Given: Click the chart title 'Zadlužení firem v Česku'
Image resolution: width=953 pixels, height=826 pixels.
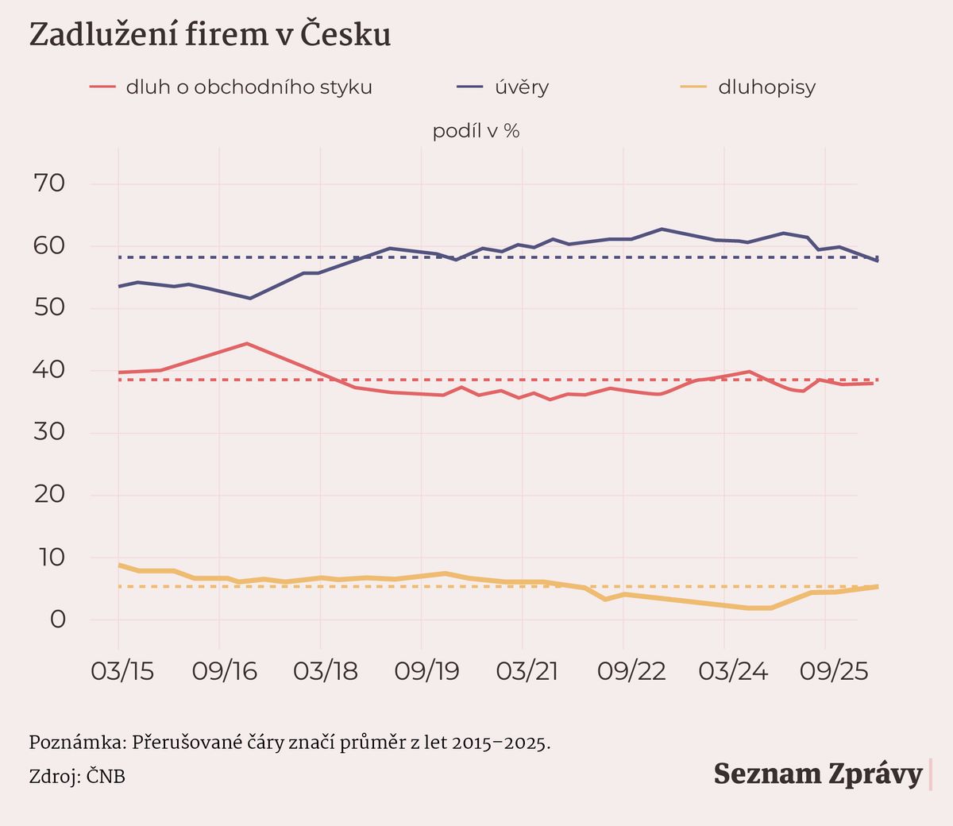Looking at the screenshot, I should pyautogui.click(x=210, y=35).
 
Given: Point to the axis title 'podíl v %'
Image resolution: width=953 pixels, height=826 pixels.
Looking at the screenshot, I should pyautogui.click(x=476, y=131).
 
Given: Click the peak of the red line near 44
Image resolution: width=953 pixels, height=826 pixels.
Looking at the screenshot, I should pyautogui.click(x=247, y=344).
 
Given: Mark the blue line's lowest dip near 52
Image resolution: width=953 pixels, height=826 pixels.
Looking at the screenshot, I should pyautogui.click(x=250, y=298).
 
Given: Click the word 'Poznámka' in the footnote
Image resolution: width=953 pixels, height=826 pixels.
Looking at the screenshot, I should pyautogui.click(x=77, y=743).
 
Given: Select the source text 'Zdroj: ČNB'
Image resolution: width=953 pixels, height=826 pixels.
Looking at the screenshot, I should pyautogui.click(x=77, y=776).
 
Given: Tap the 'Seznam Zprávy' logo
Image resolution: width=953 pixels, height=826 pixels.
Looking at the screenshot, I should pyautogui.click(x=818, y=774).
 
